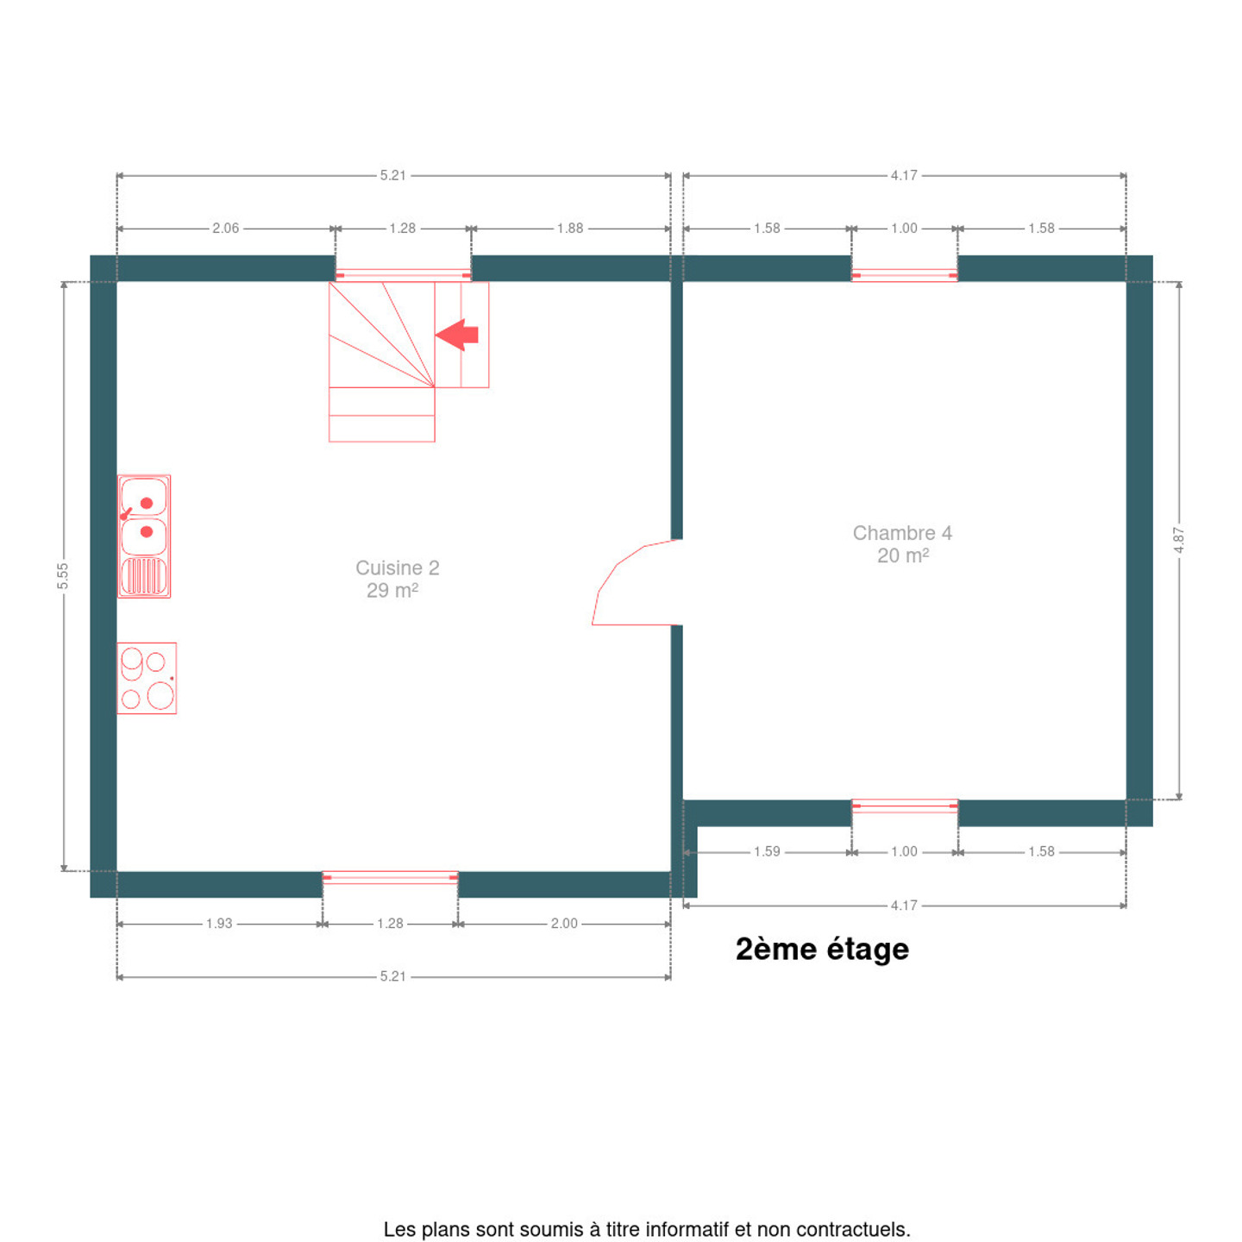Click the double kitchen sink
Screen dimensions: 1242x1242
(144, 536)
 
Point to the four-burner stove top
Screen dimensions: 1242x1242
(147, 678)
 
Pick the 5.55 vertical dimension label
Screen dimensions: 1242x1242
(62, 575)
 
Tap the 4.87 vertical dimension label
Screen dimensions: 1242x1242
(1179, 540)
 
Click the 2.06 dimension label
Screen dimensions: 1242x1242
(226, 229)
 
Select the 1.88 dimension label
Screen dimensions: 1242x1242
(570, 229)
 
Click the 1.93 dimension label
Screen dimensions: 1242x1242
(219, 924)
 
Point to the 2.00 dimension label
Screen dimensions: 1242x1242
(564, 924)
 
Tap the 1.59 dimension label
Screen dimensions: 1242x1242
(767, 851)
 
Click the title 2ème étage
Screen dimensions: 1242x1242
(822, 950)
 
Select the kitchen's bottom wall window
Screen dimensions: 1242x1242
(390, 877)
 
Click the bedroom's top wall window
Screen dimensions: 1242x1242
(904, 275)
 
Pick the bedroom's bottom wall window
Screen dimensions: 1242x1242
(905, 806)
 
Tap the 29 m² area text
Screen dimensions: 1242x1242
(392, 591)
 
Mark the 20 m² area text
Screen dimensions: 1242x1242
(903, 555)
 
